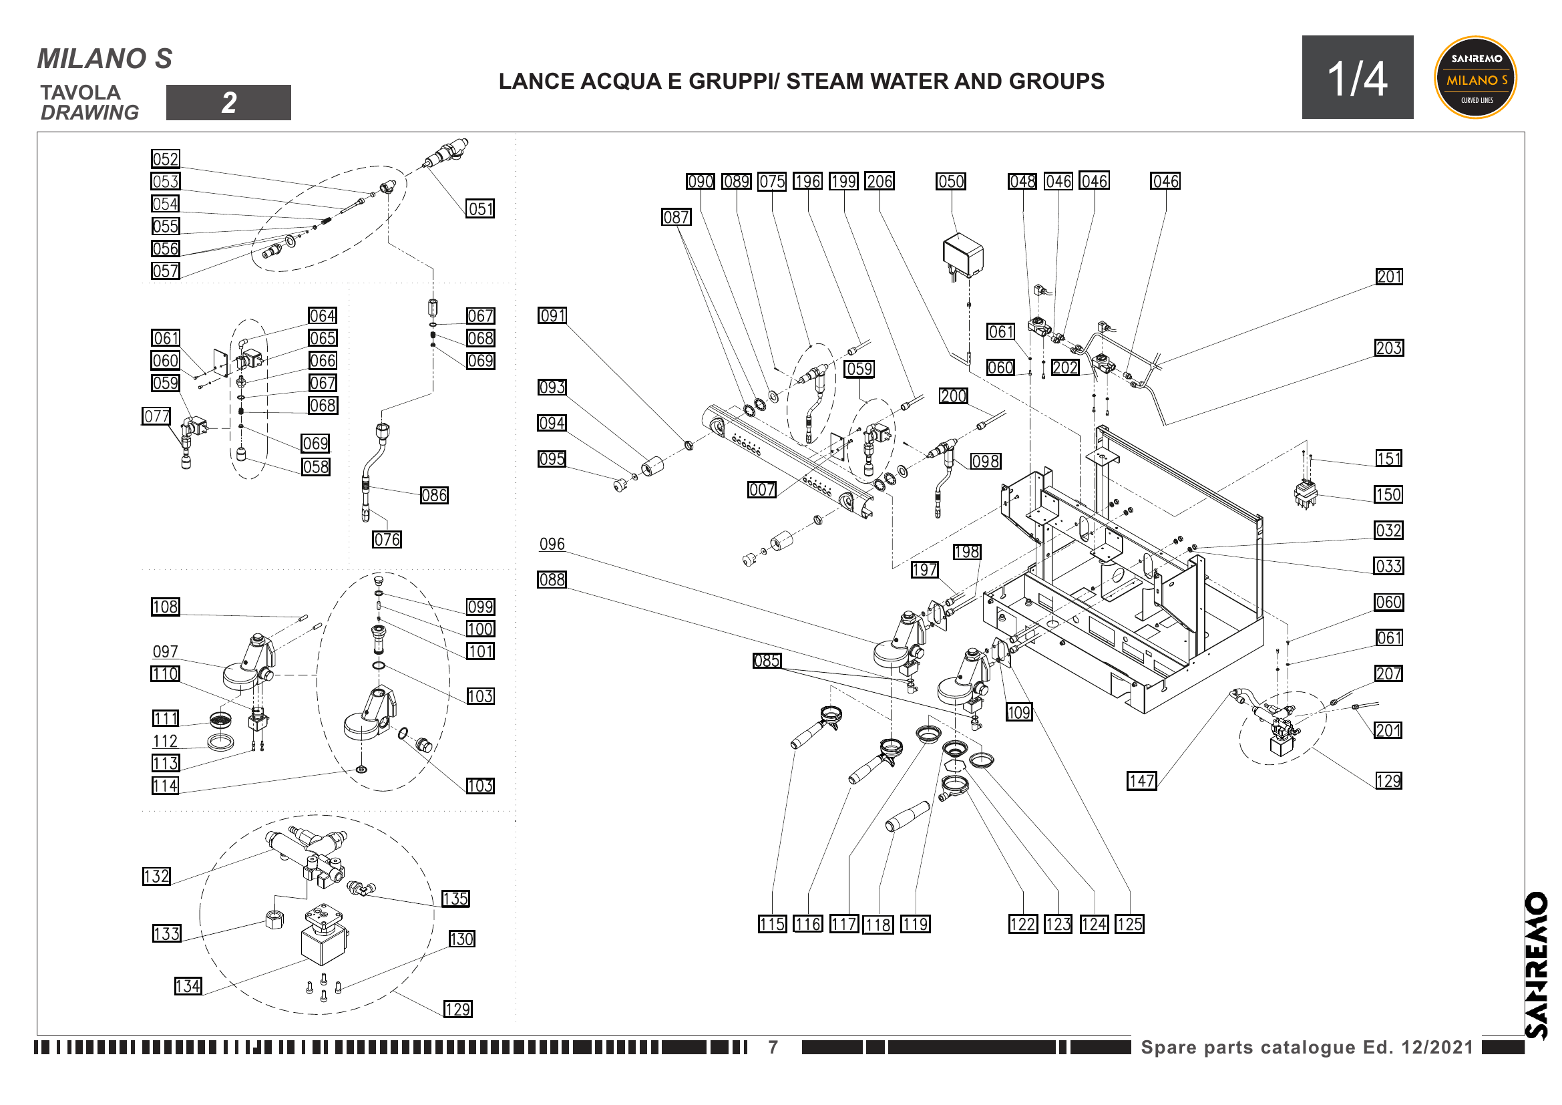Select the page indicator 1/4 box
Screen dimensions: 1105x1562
coord(1356,77)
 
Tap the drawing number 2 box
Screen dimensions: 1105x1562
coord(228,103)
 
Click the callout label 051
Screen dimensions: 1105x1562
coord(479,209)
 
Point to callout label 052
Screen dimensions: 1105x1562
coord(166,159)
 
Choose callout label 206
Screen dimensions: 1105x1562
coord(879,182)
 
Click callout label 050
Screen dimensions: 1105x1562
coord(950,182)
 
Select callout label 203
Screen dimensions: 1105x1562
coord(1388,348)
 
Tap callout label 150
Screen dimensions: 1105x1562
coord(1388,494)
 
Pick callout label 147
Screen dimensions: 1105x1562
coord(1141,781)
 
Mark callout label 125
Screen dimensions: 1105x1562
coord(1129,925)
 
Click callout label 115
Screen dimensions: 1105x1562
coord(772,925)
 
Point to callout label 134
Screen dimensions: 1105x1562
coord(188,987)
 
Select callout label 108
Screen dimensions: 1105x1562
coord(166,607)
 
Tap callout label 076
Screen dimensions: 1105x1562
coord(387,540)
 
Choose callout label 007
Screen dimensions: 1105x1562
coord(761,490)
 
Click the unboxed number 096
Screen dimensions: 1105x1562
coord(552,544)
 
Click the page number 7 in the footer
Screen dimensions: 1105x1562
coord(773,1047)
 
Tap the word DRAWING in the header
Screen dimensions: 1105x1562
coord(89,112)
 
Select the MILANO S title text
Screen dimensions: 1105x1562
coord(105,59)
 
